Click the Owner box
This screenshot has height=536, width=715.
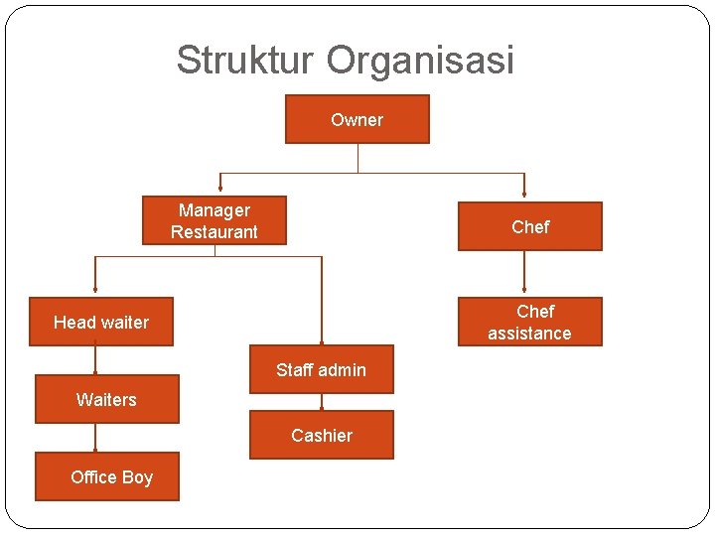(x=357, y=119)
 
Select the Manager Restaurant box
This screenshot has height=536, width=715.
(x=214, y=220)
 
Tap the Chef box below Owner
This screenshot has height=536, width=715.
(x=529, y=226)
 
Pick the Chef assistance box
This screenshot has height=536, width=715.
(x=529, y=322)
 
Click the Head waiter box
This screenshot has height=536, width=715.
(x=101, y=322)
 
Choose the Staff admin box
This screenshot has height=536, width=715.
(x=321, y=369)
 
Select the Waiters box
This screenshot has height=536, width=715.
(x=106, y=399)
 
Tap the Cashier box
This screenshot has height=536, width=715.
(x=321, y=435)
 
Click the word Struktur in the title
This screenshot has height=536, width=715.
(x=246, y=61)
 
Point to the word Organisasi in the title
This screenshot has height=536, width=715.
(x=421, y=61)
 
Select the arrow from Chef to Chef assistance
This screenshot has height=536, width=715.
(x=524, y=274)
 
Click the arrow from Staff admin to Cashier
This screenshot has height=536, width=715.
(x=321, y=402)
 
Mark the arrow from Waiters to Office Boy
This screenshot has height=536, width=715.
(x=95, y=438)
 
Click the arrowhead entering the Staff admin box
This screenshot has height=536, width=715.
(x=322, y=340)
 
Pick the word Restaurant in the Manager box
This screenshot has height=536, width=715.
(x=214, y=232)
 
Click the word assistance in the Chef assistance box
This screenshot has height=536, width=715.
(x=529, y=334)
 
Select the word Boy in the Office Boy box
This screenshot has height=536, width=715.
(x=137, y=476)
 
